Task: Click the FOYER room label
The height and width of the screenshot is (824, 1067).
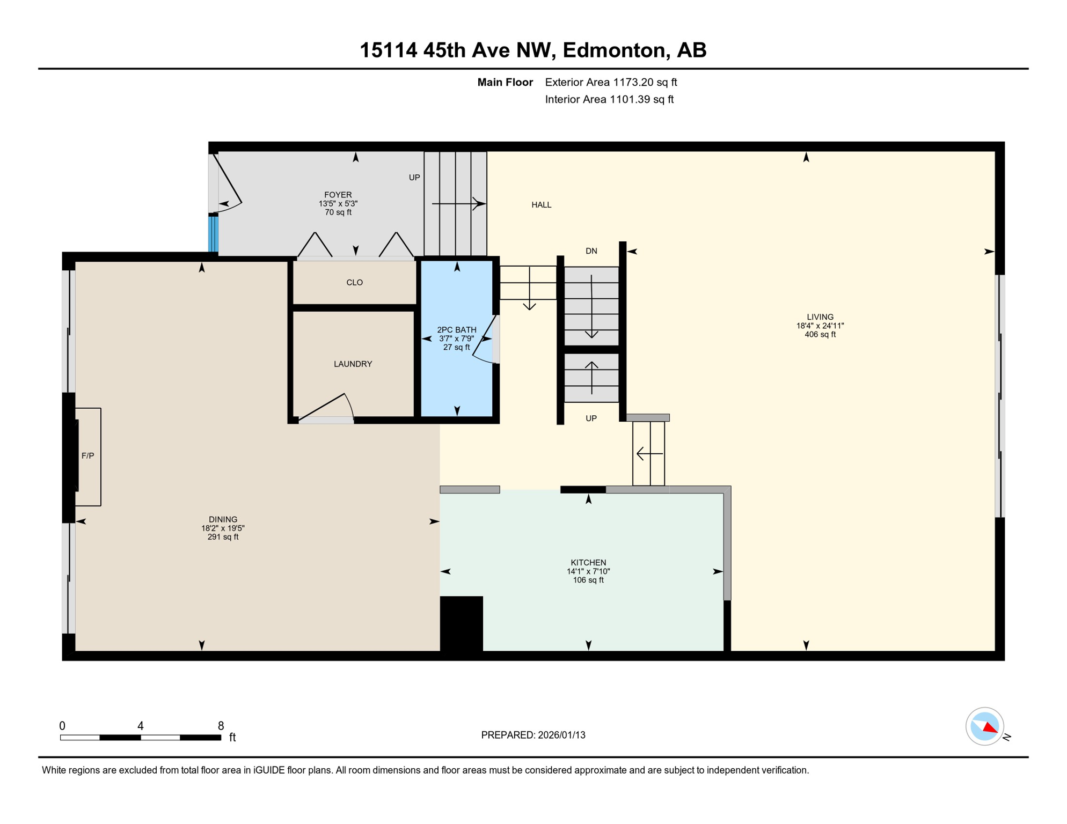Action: click(x=338, y=195)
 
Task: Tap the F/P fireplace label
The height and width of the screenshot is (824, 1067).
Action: click(x=87, y=456)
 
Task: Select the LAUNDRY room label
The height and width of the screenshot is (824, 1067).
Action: click(x=353, y=364)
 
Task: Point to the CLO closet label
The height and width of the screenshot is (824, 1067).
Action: click(x=354, y=283)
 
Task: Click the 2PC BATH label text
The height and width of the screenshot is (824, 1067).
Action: click(x=456, y=330)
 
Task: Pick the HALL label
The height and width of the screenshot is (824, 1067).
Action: click(x=541, y=205)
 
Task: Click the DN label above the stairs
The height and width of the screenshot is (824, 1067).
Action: click(x=591, y=251)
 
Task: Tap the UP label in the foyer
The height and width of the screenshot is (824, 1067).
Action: click(x=414, y=178)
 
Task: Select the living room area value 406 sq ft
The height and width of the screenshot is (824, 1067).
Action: click(x=820, y=335)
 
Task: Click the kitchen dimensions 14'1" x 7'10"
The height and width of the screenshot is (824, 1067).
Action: click(x=588, y=572)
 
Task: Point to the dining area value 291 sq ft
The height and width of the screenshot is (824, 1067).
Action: click(x=223, y=537)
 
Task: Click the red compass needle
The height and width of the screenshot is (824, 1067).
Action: click(x=990, y=728)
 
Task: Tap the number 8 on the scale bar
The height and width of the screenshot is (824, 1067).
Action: click(x=221, y=726)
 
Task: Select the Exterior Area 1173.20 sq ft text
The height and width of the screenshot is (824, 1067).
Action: click(x=610, y=83)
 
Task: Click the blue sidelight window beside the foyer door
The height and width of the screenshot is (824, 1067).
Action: click(x=213, y=234)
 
